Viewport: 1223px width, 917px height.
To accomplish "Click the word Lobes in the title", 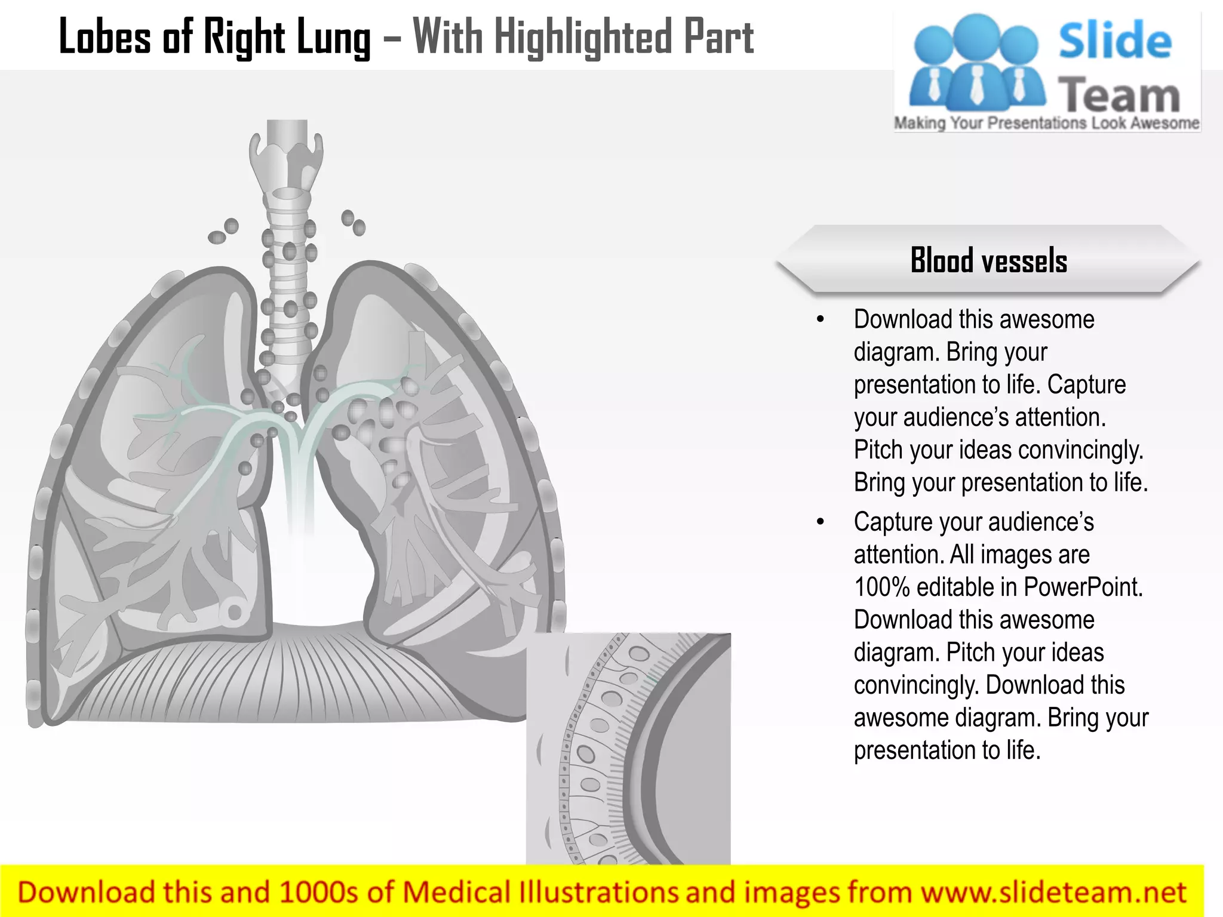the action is (105, 37).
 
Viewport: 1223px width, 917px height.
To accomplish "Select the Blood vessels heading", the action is (988, 260).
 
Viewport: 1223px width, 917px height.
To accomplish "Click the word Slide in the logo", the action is (1115, 41).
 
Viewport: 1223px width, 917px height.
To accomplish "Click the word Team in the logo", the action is (1119, 96).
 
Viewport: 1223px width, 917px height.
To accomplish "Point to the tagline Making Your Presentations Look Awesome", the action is (1046, 123).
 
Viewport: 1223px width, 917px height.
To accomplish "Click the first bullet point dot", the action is (821, 320).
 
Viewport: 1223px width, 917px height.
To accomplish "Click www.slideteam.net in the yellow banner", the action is (1053, 893).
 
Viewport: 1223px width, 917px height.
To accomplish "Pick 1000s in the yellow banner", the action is (319, 893).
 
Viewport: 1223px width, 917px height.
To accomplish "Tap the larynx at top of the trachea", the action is (287, 158).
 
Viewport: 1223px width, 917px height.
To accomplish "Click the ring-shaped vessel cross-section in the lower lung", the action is (233, 612).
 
